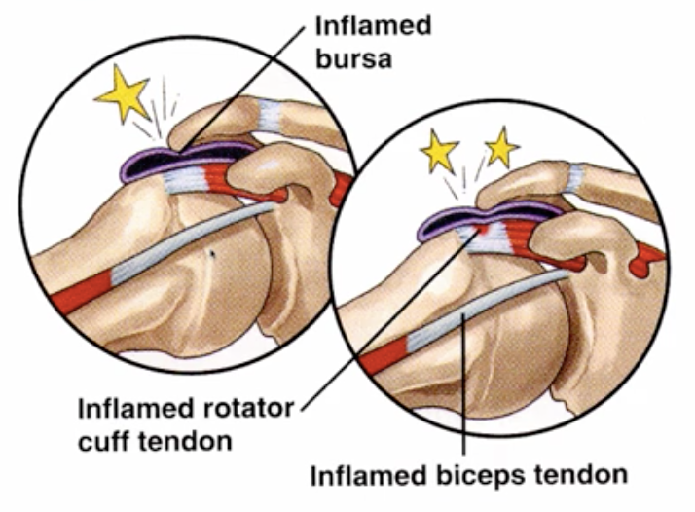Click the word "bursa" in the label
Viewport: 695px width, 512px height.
point(353,58)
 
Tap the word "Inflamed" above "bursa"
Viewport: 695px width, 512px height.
point(373,25)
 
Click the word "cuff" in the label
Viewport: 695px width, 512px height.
point(104,441)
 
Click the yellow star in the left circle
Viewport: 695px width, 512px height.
point(124,93)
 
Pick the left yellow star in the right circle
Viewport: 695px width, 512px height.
point(439,151)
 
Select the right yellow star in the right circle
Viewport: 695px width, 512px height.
point(501,148)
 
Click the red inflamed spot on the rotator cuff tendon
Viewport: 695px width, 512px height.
point(482,229)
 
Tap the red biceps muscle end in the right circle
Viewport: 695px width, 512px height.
point(384,356)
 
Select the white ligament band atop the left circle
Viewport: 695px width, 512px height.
point(270,115)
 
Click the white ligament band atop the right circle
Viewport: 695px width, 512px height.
point(576,177)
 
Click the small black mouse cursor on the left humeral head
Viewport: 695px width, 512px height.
point(212,254)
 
